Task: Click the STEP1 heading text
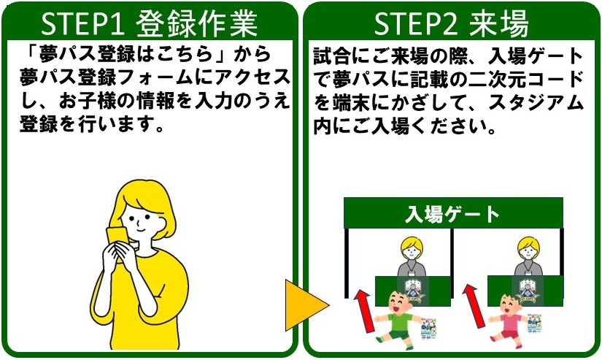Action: pyautogui.click(x=149, y=23)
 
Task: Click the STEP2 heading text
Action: pyautogui.click(x=451, y=23)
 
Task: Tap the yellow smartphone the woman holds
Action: pyautogui.click(x=117, y=240)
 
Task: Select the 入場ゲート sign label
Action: pyautogui.click(x=452, y=215)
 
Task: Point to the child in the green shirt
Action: pyautogui.click(x=398, y=320)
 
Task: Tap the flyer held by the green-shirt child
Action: pyautogui.click(x=429, y=329)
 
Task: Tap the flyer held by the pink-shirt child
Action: pyautogui.click(x=534, y=323)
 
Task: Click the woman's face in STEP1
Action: pyautogui.click(x=142, y=221)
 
